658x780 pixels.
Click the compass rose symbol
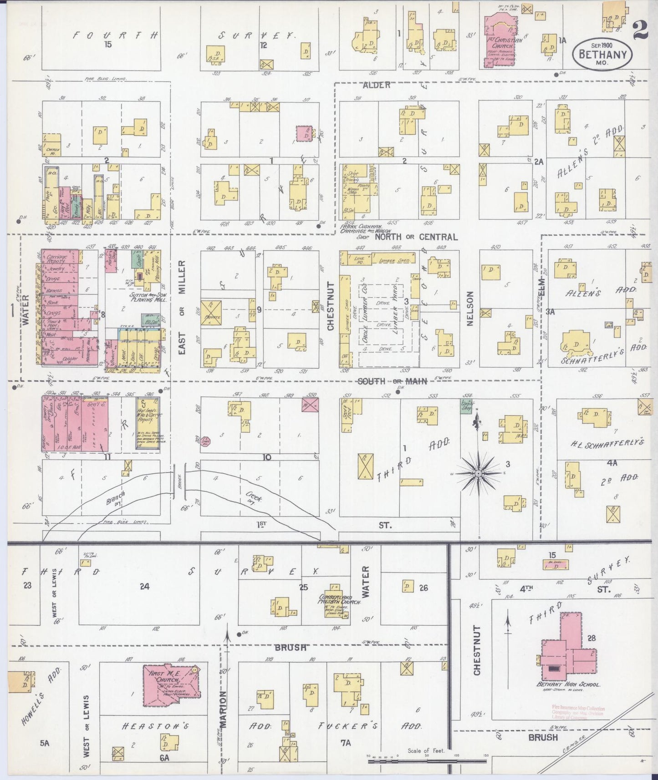pos(478,474)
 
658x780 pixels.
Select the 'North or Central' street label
pos(416,237)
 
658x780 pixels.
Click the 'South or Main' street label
pos(392,381)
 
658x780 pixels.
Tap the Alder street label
pos(377,85)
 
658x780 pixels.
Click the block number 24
pos(144,587)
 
